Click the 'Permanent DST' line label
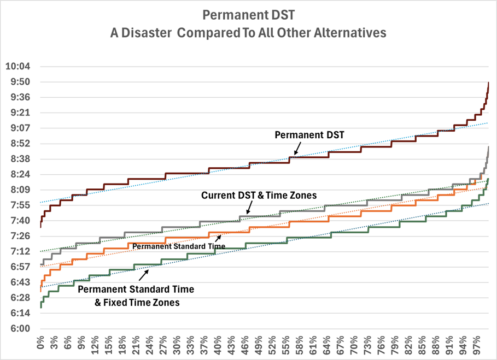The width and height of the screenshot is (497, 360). click(x=309, y=135)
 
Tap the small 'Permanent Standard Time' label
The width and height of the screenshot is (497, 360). click(x=172, y=246)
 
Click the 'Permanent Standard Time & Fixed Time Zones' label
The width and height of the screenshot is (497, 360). click(x=136, y=295)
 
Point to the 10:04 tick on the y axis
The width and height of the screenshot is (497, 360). click(x=18, y=67)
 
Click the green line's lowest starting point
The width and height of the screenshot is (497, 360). click(x=41, y=307)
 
